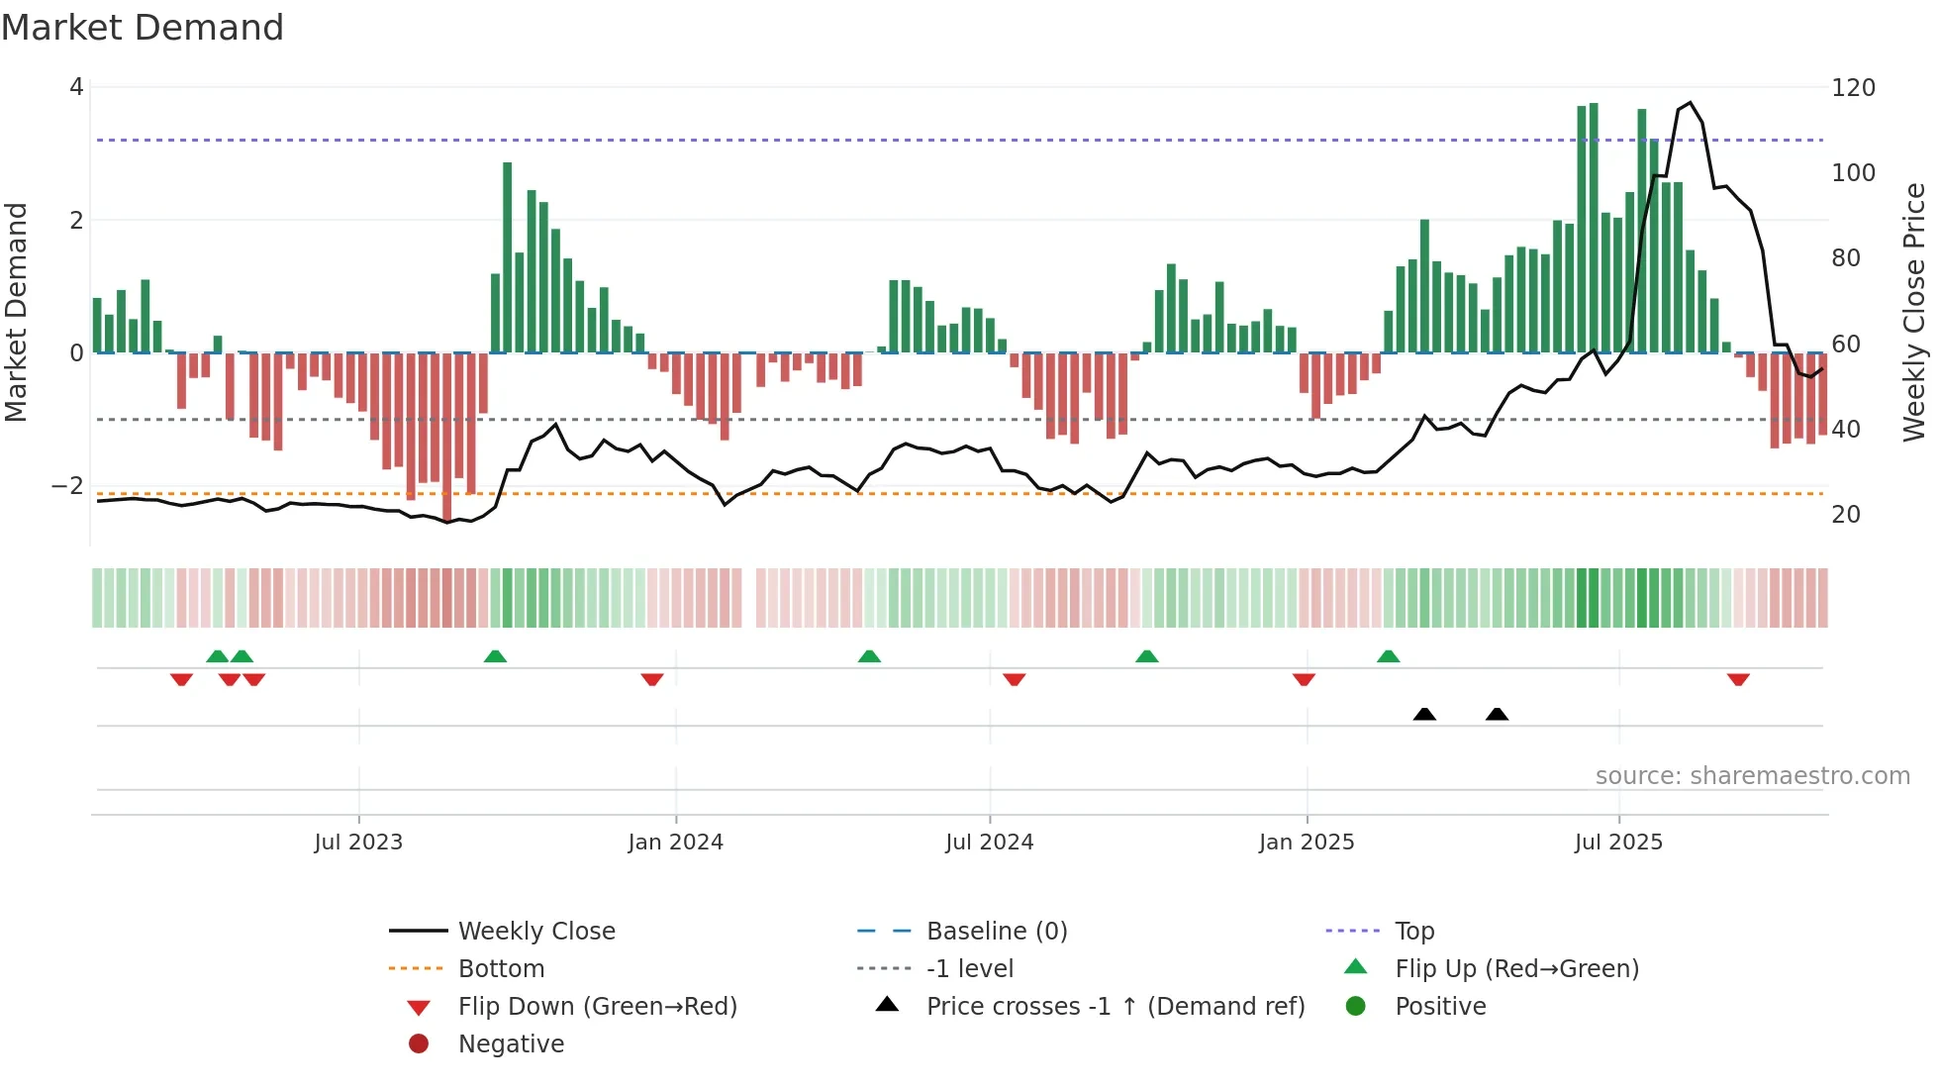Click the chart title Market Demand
(143, 28)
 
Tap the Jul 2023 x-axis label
(358, 843)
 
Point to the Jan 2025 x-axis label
(1307, 843)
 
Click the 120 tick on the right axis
(1853, 88)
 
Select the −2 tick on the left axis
(67, 486)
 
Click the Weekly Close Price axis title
(1914, 312)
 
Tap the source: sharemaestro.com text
(1752, 776)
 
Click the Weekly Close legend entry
(535, 932)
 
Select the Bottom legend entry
(501, 969)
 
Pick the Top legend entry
(1413, 932)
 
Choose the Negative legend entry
(511, 1044)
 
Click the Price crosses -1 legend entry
(1115, 1007)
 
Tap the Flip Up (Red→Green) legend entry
(1516, 969)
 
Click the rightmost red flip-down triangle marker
(1738, 680)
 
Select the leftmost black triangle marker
(1424, 714)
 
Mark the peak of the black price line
(1691, 103)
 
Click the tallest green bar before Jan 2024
(508, 257)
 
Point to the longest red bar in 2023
(447, 436)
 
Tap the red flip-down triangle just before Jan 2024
(652, 680)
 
